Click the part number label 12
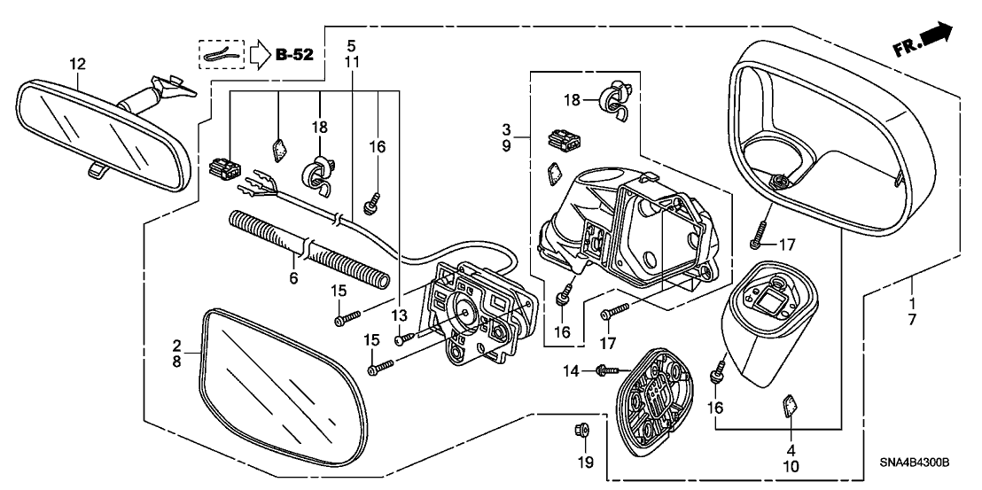coord(78,63)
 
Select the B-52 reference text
coord(293,56)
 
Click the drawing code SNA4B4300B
coord(914,463)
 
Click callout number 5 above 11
coord(351,43)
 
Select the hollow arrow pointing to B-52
coord(256,55)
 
